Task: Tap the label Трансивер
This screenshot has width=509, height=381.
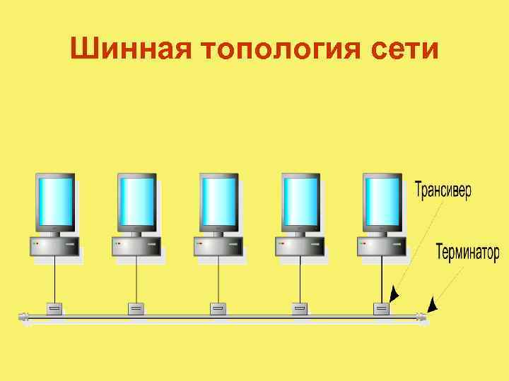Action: tap(443, 190)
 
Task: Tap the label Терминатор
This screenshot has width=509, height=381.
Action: tap(467, 252)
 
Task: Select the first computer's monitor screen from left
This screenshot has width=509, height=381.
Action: tap(55, 200)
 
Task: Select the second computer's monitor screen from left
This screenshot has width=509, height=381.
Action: tap(136, 200)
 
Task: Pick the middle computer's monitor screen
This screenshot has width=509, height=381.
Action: tap(218, 200)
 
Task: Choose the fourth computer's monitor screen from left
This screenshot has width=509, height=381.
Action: tap(300, 200)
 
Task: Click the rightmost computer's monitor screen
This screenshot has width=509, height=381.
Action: tap(382, 200)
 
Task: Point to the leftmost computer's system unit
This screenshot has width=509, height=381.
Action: tap(54, 246)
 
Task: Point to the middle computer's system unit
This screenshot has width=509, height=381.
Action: tap(218, 246)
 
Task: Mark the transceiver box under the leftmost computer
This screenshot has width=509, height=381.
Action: tap(54, 308)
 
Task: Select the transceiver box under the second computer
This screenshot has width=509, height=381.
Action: tap(136, 308)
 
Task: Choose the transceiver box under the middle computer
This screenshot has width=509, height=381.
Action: tap(218, 308)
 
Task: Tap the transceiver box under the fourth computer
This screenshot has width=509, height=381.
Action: tap(300, 308)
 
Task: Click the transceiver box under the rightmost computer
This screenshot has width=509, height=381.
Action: tap(382, 308)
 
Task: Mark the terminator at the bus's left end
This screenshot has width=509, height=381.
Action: tap(23, 317)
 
